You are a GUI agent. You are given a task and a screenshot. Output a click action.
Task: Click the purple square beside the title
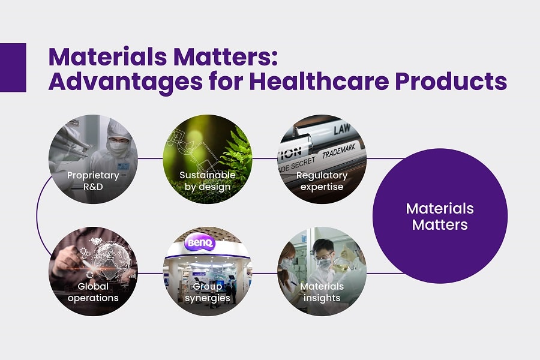point(13,68)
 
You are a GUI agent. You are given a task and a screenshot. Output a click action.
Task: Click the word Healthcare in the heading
point(319,82)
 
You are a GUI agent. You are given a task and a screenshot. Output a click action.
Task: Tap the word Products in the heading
point(451,82)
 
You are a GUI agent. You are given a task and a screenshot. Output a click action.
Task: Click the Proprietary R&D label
point(93,181)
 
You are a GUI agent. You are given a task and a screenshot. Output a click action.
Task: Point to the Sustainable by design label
point(208,181)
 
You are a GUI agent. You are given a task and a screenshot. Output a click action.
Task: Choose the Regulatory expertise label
point(322,181)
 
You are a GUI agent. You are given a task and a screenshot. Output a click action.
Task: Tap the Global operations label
point(93,292)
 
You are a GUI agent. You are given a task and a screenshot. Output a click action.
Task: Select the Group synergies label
point(208,292)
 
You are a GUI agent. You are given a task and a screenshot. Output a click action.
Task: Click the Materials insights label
point(322,292)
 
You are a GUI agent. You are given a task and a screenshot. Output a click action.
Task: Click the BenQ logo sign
point(200,243)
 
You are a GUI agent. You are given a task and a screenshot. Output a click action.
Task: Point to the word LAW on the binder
point(342,129)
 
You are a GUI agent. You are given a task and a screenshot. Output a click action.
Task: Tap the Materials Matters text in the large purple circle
point(440,217)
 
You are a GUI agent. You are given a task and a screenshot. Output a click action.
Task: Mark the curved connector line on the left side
point(37,216)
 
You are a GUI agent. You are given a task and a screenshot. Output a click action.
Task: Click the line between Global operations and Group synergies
point(150,274)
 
